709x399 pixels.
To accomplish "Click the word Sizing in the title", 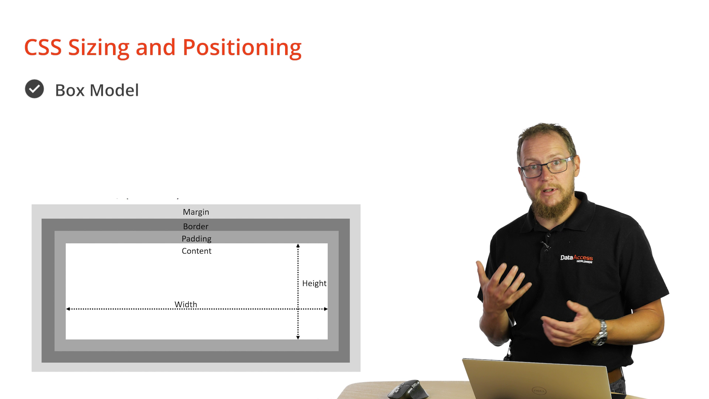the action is [x=99, y=48].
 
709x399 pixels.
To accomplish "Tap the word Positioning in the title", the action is [x=242, y=48].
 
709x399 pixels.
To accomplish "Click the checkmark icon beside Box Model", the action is [x=34, y=89].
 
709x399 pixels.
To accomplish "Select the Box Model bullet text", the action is [x=97, y=90].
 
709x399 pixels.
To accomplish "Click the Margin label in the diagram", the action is [x=196, y=212].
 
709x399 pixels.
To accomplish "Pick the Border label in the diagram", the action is [x=196, y=226].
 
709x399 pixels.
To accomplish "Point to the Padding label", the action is [x=196, y=239].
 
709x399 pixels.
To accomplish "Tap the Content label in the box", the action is [x=196, y=251].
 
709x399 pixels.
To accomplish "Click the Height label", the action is [x=314, y=283].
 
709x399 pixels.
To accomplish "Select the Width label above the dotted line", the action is [x=186, y=304].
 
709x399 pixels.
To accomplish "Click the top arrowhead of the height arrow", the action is [x=298, y=246].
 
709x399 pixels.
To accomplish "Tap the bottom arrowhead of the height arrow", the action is [x=298, y=337].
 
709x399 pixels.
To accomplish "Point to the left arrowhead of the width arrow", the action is [x=68, y=309].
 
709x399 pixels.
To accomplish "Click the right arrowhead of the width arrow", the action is [x=326, y=309].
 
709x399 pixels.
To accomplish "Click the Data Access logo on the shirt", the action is [x=576, y=258].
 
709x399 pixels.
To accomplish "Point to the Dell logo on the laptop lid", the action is [x=539, y=390].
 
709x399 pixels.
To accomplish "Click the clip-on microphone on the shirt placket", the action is [x=544, y=245].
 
